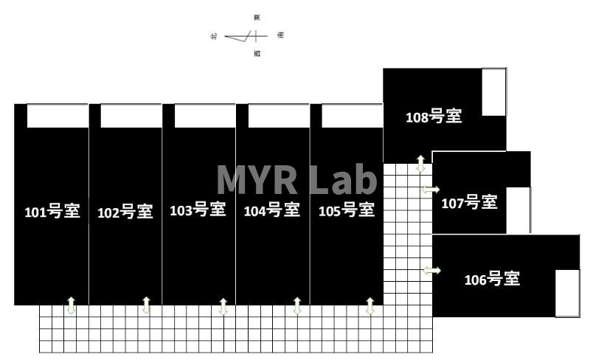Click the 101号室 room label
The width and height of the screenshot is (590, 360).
point(52,212)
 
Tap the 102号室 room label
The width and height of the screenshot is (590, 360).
point(125,212)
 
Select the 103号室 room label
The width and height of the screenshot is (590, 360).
point(198,210)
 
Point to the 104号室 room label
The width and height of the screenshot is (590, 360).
point(271,211)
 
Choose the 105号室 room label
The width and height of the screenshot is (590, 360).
point(346,211)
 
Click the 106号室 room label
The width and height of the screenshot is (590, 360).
point(492,280)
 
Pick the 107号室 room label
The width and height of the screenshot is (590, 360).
point(469,203)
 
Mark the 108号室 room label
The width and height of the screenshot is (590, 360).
point(434,117)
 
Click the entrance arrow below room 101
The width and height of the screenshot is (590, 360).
point(72,305)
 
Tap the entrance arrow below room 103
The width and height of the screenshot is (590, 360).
point(223,306)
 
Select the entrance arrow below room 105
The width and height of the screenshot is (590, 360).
point(370,306)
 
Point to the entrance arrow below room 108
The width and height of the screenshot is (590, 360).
point(420,164)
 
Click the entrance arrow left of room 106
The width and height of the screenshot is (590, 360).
point(431,271)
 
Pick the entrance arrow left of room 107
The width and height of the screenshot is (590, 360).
point(431,190)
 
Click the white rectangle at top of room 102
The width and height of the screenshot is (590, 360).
point(131,116)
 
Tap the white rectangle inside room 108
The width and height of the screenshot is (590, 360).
point(494,93)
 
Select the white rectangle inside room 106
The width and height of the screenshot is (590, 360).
point(567,293)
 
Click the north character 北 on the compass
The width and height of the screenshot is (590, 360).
point(213,35)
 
